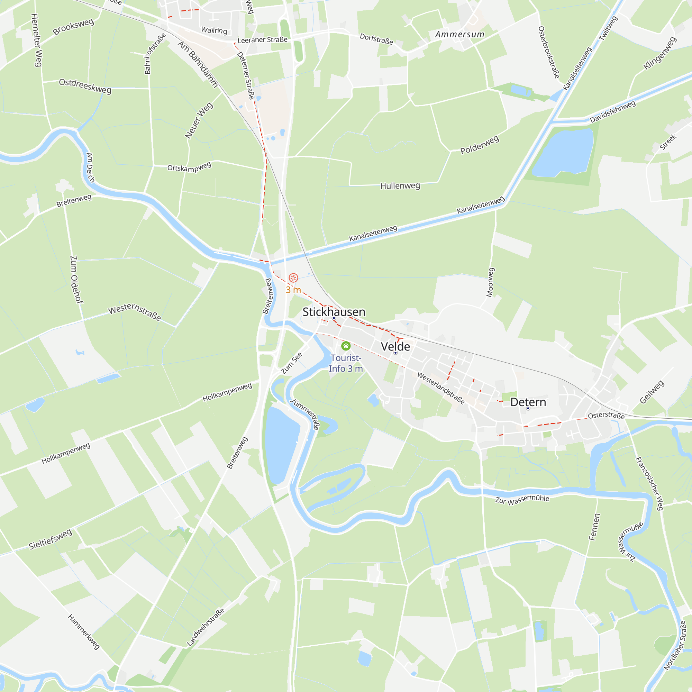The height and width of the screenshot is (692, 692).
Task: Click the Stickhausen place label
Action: tap(334, 312)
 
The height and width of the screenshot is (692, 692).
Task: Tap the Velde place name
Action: tap(395, 346)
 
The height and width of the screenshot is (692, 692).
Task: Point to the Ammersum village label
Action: tap(459, 34)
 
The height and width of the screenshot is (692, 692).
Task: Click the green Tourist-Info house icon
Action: tap(346, 346)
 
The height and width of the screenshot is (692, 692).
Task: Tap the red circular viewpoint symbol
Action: tap(293, 277)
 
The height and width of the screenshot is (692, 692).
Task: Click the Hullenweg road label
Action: tap(400, 186)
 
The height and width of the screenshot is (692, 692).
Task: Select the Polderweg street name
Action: tap(479, 145)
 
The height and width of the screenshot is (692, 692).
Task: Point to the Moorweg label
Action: tap(490, 282)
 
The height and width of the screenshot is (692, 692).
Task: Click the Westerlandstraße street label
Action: tap(441, 388)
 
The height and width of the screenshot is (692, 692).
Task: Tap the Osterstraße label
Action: tap(606, 416)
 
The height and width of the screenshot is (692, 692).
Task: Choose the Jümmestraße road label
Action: tap(305, 414)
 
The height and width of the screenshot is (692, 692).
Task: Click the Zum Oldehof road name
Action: tap(76, 279)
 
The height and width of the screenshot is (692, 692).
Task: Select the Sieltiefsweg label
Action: tap(51, 539)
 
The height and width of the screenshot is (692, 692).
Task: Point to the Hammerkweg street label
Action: tap(83, 632)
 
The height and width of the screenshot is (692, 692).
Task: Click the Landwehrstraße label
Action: tap(206, 627)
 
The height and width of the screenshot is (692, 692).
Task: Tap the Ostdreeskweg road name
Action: tap(85, 86)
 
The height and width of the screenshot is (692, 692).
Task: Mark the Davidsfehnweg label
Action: tap(612, 111)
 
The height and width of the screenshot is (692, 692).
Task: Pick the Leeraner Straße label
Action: tap(262, 40)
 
